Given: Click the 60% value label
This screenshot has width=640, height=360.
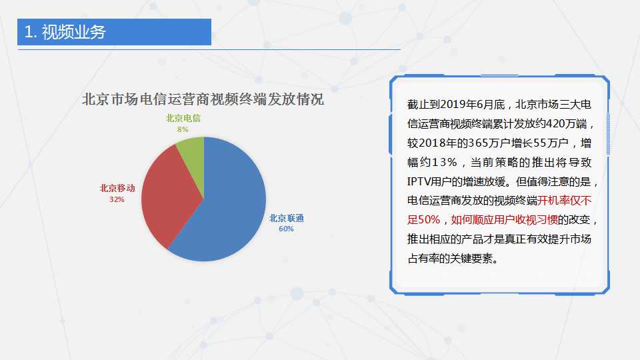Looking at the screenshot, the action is [286, 229].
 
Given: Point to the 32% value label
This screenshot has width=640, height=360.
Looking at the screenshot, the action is [117, 199].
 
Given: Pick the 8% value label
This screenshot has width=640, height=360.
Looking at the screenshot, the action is [183, 129].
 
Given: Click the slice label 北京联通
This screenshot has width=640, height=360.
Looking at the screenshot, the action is [287, 219].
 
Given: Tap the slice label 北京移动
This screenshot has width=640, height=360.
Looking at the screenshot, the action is [117, 188].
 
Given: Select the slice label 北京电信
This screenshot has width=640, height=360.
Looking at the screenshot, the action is [183, 119].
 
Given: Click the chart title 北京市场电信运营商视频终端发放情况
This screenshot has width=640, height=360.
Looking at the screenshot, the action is [203, 99].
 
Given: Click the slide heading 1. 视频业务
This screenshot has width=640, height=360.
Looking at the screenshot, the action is [65, 32].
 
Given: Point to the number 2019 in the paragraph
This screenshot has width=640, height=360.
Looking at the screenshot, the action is [455, 105].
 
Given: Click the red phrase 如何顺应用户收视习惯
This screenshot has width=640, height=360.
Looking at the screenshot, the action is [504, 219].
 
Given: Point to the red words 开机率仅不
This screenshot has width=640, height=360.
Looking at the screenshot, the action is [565, 201].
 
